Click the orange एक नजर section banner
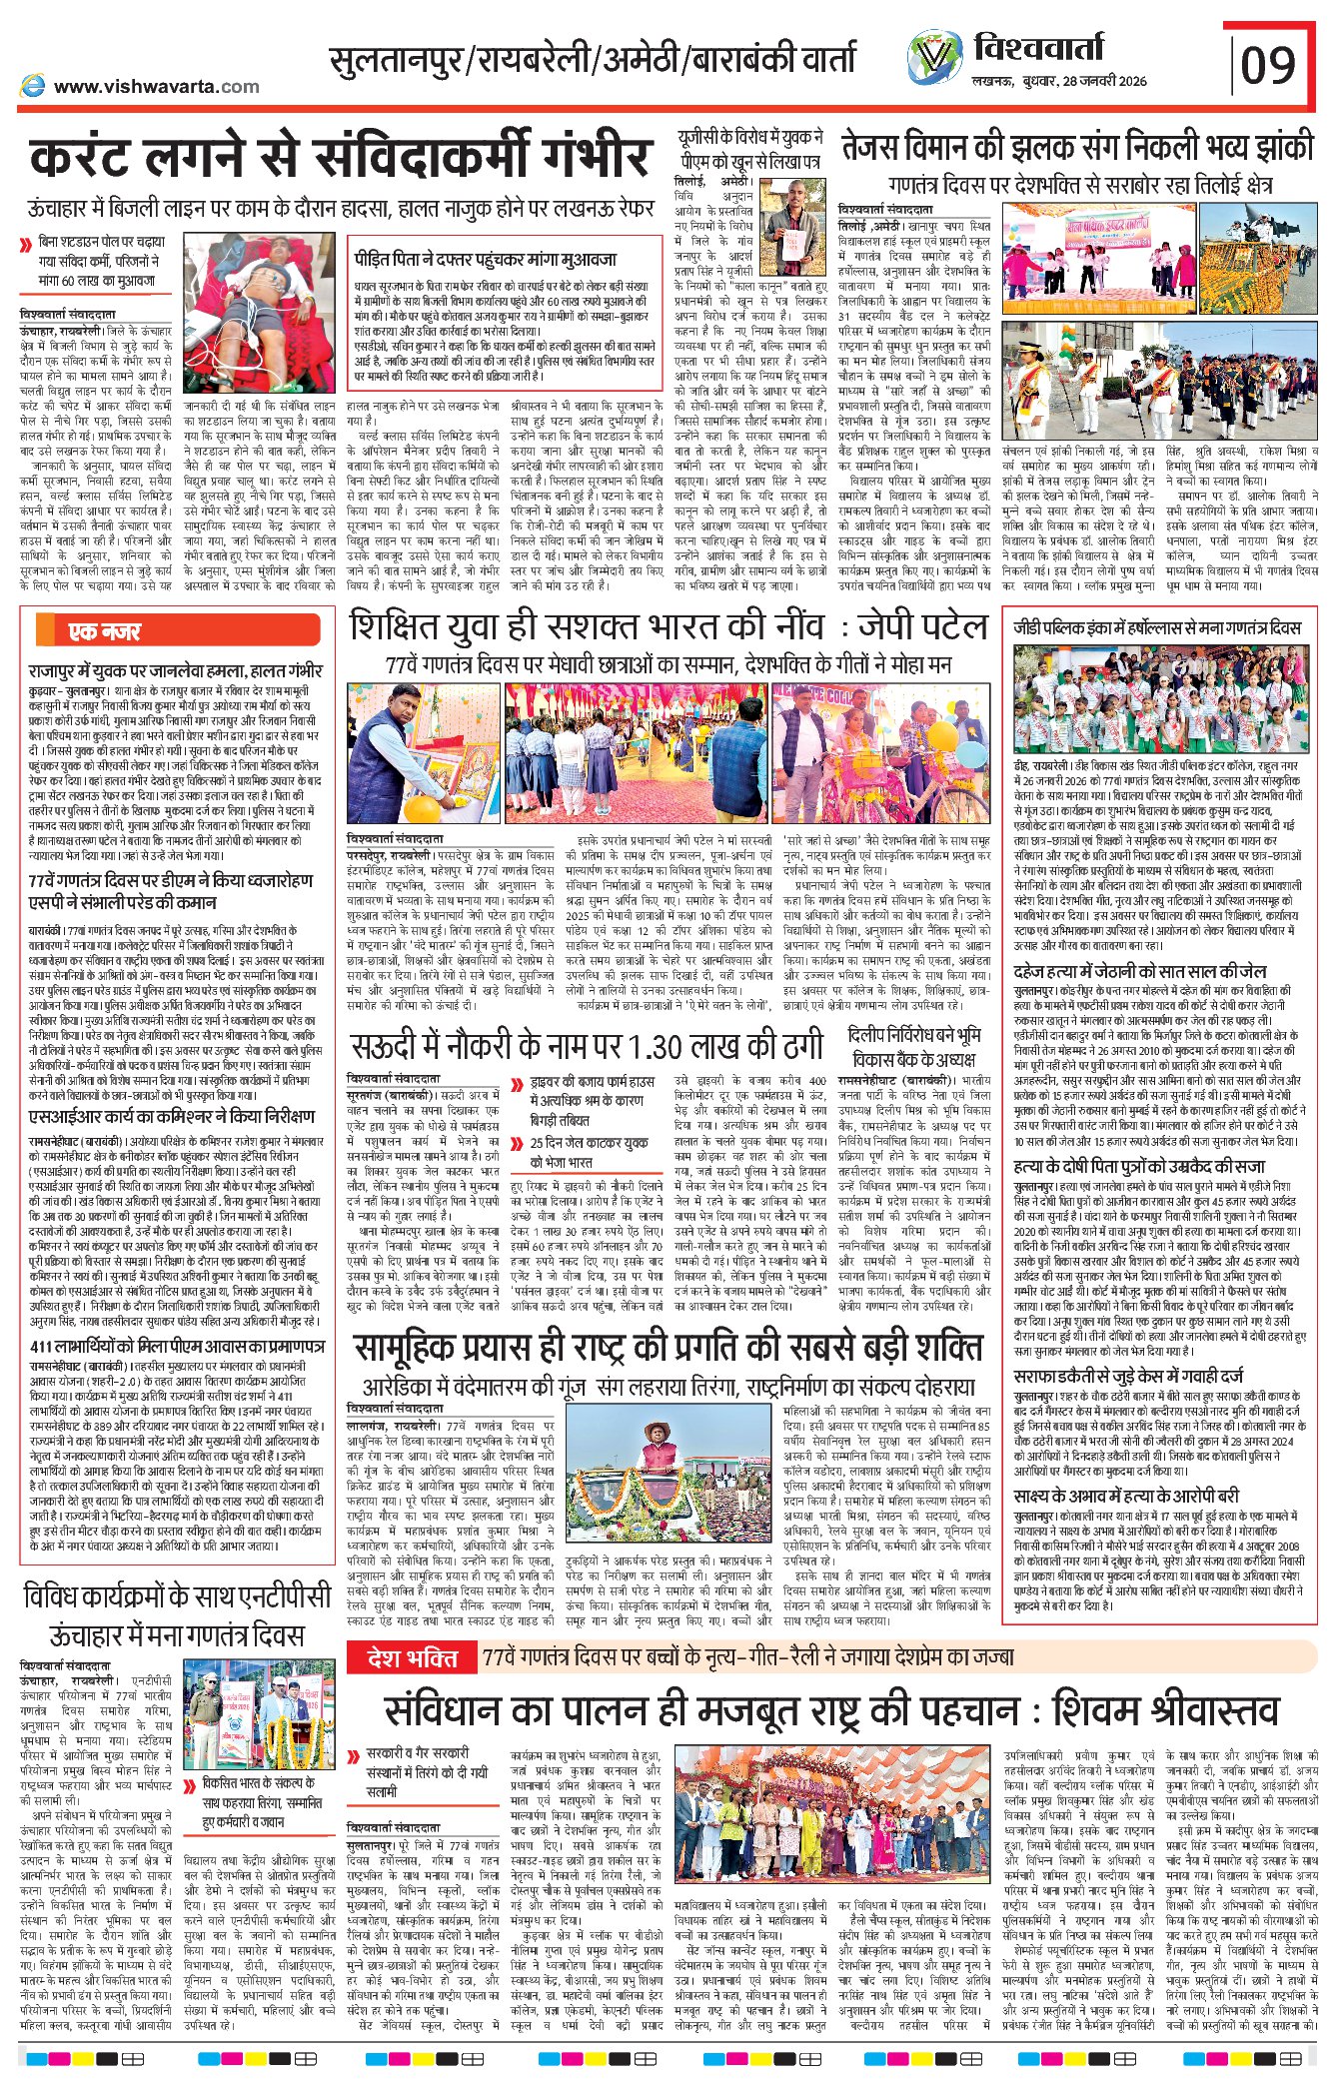tap(104, 630)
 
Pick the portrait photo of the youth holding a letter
tap(792, 229)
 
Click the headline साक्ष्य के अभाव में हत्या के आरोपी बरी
tap(1126, 1495)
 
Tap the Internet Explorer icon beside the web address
tap(33, 86)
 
